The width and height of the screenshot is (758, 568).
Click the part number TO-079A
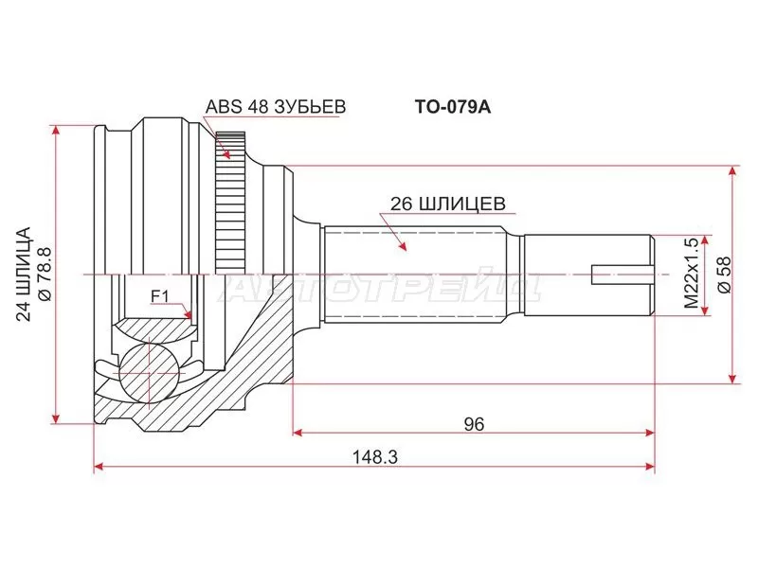453,107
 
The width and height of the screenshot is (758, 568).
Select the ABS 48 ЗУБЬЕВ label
276,107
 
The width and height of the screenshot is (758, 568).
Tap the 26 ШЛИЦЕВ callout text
448,204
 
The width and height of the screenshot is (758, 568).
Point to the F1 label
159,296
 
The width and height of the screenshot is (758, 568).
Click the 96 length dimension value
474,424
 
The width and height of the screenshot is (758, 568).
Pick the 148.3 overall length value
374,456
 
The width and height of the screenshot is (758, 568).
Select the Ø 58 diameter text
725,275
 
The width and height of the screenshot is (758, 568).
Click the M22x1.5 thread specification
692,274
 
